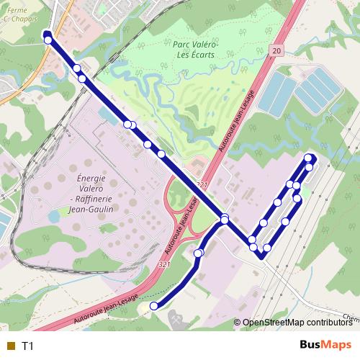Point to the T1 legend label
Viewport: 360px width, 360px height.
[28, 346]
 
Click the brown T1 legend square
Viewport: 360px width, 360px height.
[10, 346]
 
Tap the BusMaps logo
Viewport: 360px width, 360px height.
[325, 345]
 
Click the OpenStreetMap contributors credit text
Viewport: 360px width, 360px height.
[297, 323]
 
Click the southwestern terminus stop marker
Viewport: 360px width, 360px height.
[153, 306]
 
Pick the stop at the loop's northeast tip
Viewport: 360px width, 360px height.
[310, 158]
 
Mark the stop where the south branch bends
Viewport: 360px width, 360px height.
[199, 253]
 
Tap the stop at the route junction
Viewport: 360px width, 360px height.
[225, 219]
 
